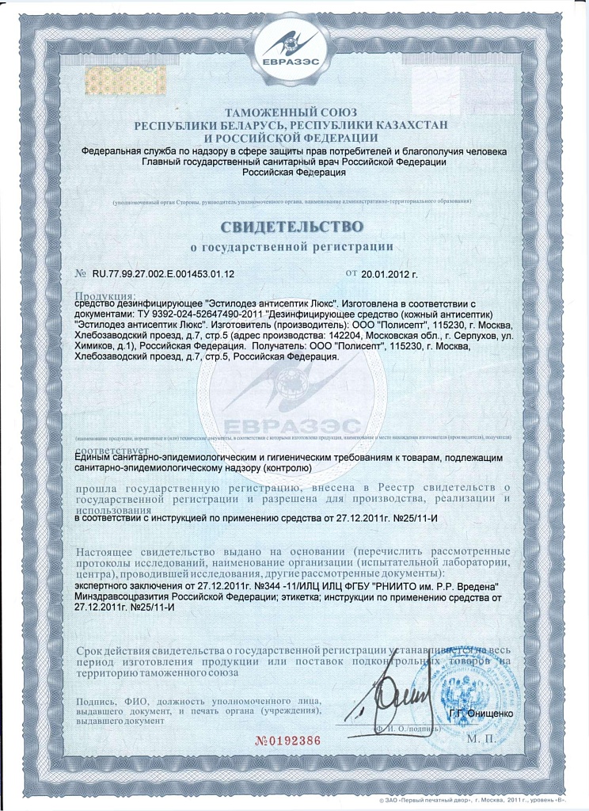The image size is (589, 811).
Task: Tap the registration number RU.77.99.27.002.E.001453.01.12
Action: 163,274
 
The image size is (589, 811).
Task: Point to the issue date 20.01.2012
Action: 389,274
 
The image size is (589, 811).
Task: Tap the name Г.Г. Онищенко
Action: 481,714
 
